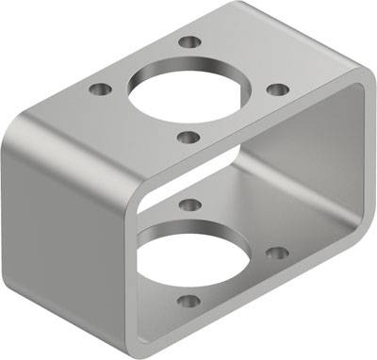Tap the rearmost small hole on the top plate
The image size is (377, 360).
tap(190, 42)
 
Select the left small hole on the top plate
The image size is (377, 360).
tap(98, 90)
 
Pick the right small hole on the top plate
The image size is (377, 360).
tap(277, 90)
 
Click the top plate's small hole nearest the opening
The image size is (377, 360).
tap(188, 138)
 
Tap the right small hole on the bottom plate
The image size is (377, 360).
tap(276, 253)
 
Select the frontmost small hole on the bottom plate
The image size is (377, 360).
tap(188, 303)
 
